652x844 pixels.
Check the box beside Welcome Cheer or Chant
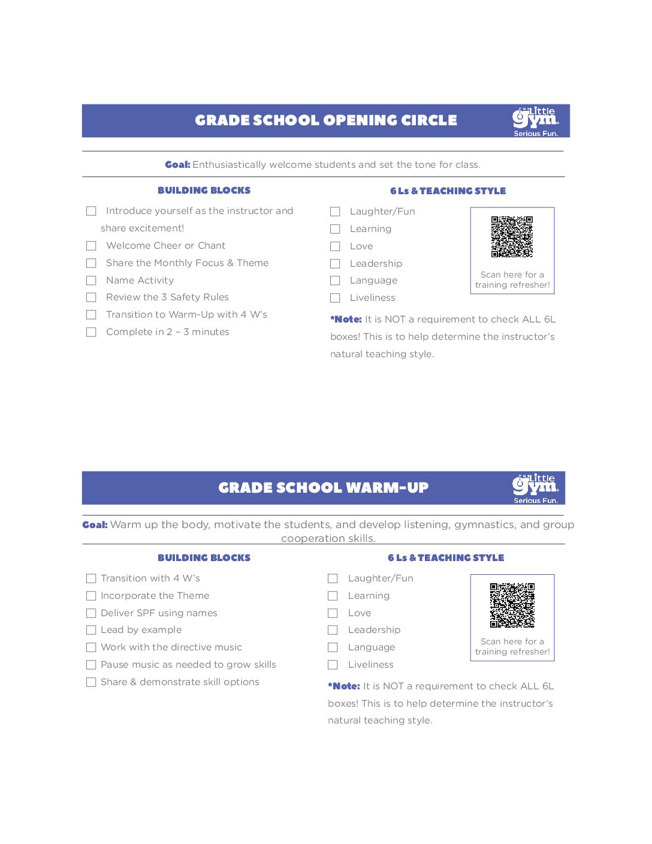tap(91, 246)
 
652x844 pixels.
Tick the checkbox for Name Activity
tap(91, 281)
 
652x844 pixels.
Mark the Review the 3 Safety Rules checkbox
tap(91, 297)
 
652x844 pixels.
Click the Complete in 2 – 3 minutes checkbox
tap(91, 332)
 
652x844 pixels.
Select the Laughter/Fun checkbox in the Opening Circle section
tap(335, 212)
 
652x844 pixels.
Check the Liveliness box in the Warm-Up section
tap(333, 665)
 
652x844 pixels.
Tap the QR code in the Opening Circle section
tap(512, 237)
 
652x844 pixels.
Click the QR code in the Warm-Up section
tap(512, 605)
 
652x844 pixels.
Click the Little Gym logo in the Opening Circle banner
tap(535, 121)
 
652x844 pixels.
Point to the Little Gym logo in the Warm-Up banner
tap(535, 488)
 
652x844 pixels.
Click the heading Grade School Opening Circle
tap(325, 120)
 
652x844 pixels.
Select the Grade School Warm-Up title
tap(323, 488)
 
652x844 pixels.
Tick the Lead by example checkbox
tap(91, 630)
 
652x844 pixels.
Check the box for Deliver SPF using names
tap(91, 613)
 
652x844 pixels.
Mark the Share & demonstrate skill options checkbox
tap(91, 682)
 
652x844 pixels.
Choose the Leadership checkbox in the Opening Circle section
tap(335, 264)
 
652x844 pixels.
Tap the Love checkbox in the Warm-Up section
tap(333, 613)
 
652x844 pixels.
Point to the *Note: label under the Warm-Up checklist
tap(344, 686)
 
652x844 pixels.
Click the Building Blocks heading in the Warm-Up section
tap(204, 558)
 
